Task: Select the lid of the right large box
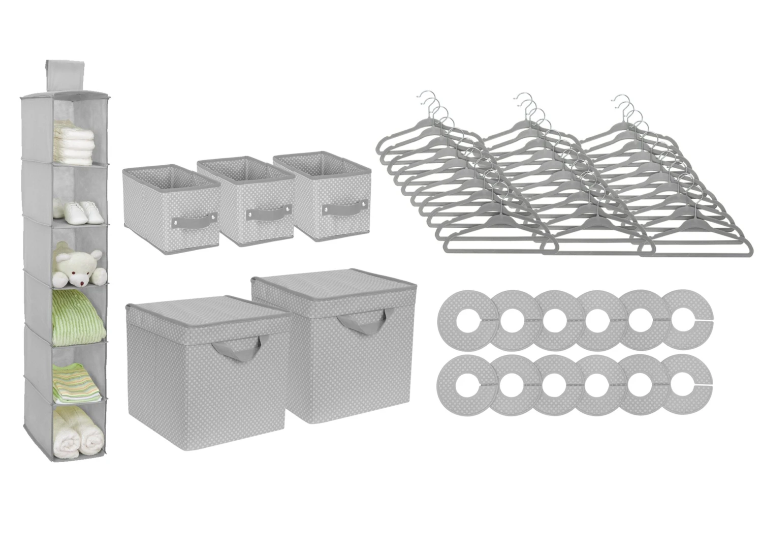click(325, 290)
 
